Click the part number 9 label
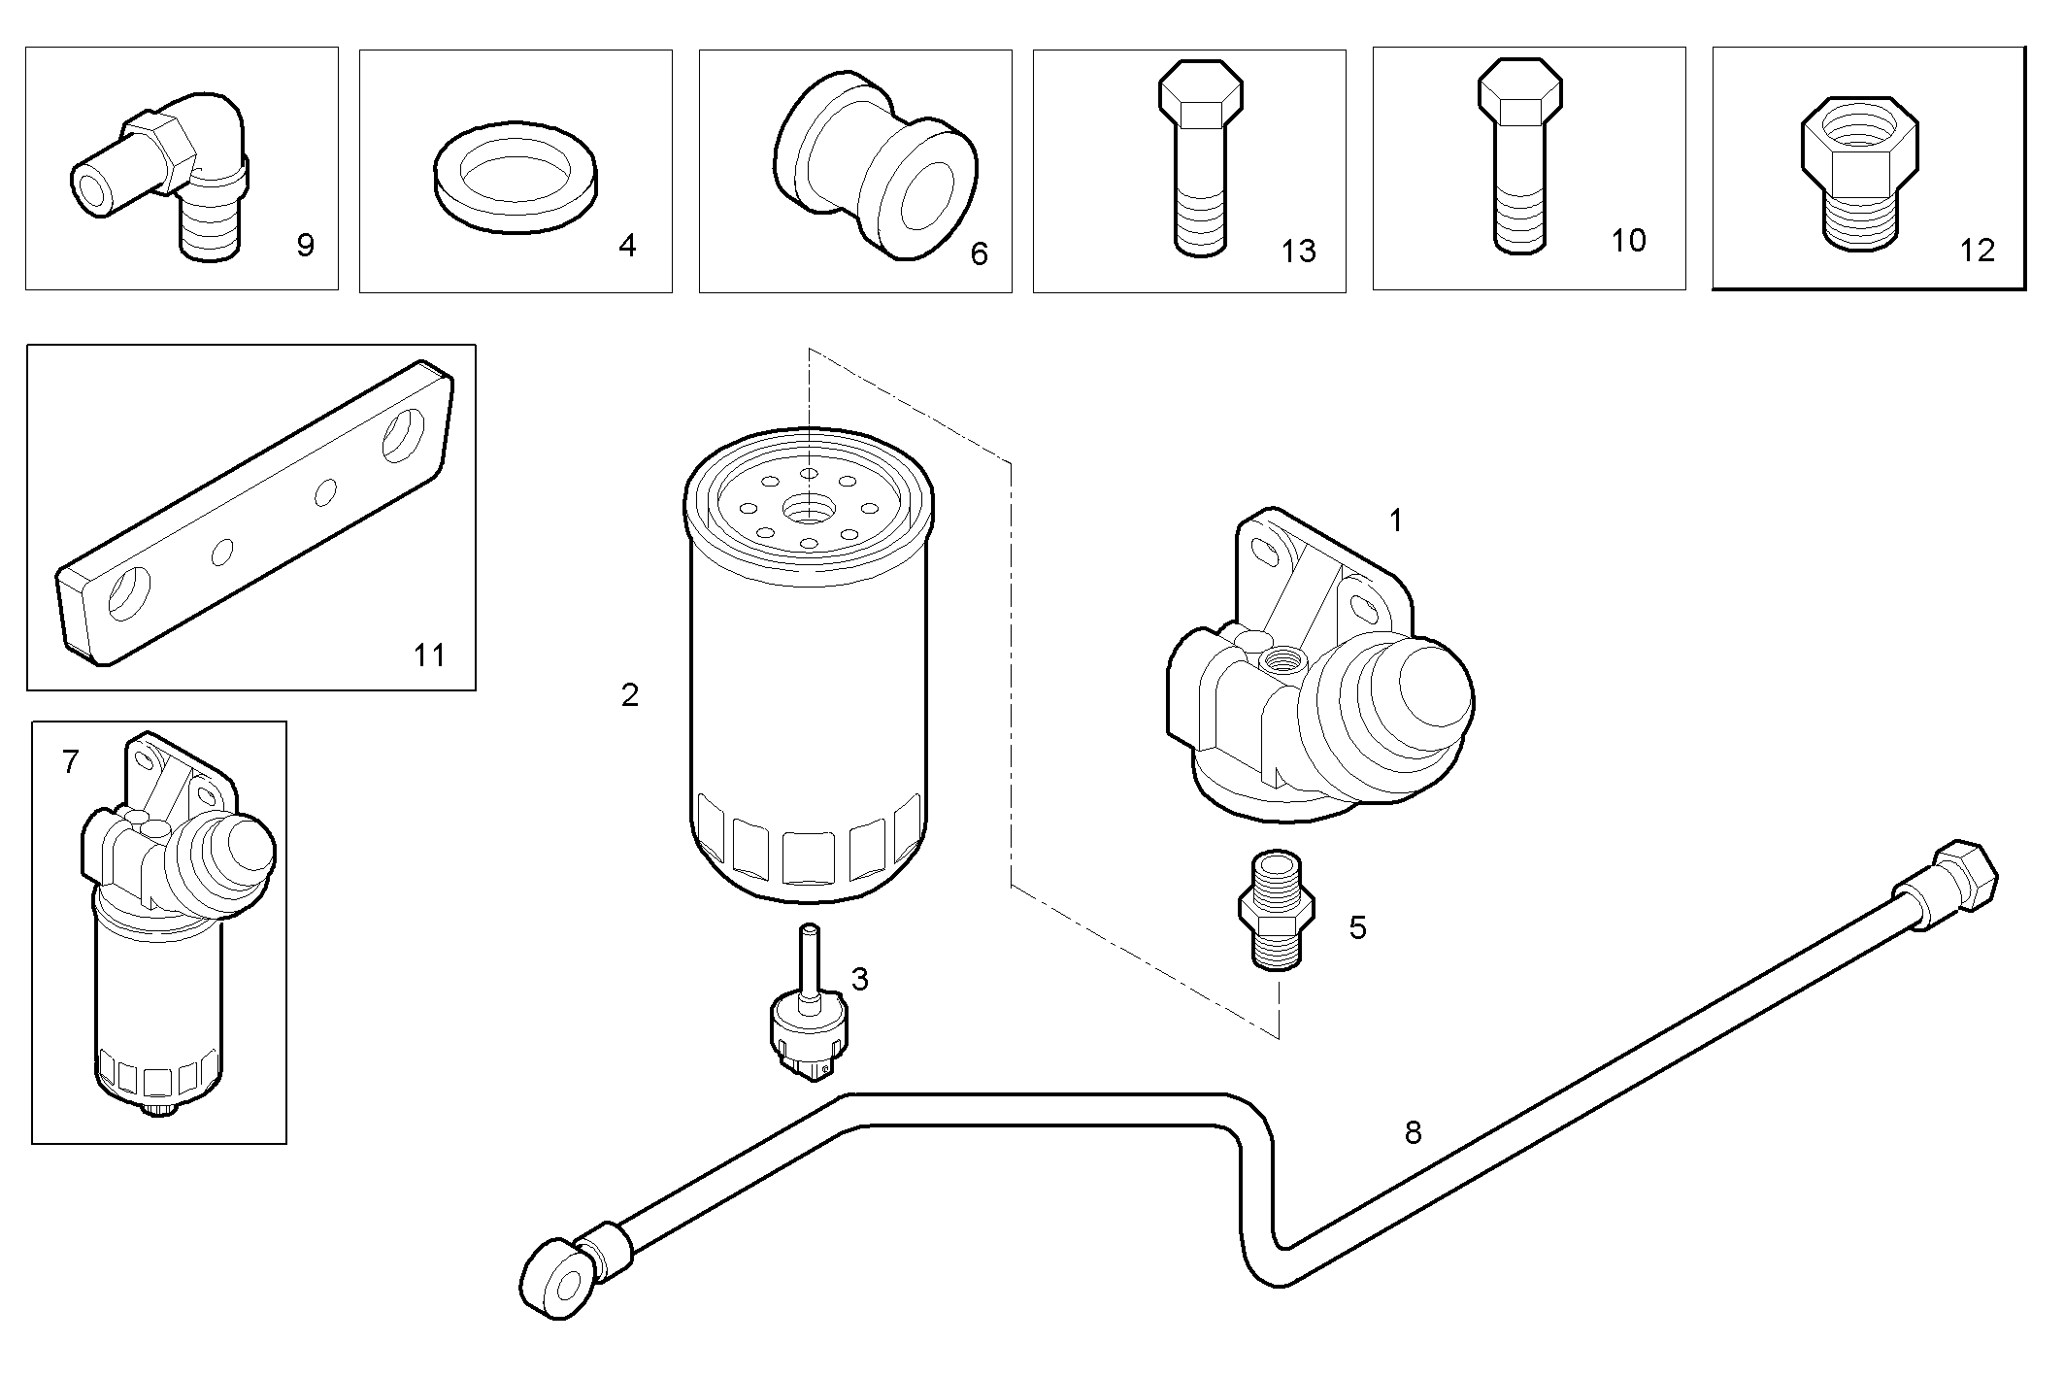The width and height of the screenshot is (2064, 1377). click(305, 246)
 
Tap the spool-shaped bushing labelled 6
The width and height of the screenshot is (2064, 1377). click(875, 165)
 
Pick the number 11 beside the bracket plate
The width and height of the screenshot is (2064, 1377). click(429, 655)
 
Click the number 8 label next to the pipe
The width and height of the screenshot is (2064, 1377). click(1413, 1132)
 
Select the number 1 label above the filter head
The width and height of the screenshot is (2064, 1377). click(1396, 521)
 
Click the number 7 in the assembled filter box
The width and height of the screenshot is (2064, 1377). click(70, 763)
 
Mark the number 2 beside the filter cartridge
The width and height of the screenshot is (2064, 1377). click(630, 695)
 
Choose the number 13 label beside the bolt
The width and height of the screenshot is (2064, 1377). click(1298, 252)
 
